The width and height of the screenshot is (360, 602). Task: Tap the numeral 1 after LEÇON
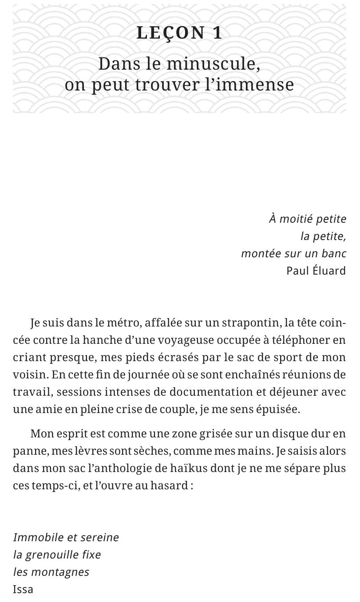coord(218,33)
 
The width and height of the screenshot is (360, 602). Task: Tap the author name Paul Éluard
coord(316,271)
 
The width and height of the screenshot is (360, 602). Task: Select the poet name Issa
coord(23,590)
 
